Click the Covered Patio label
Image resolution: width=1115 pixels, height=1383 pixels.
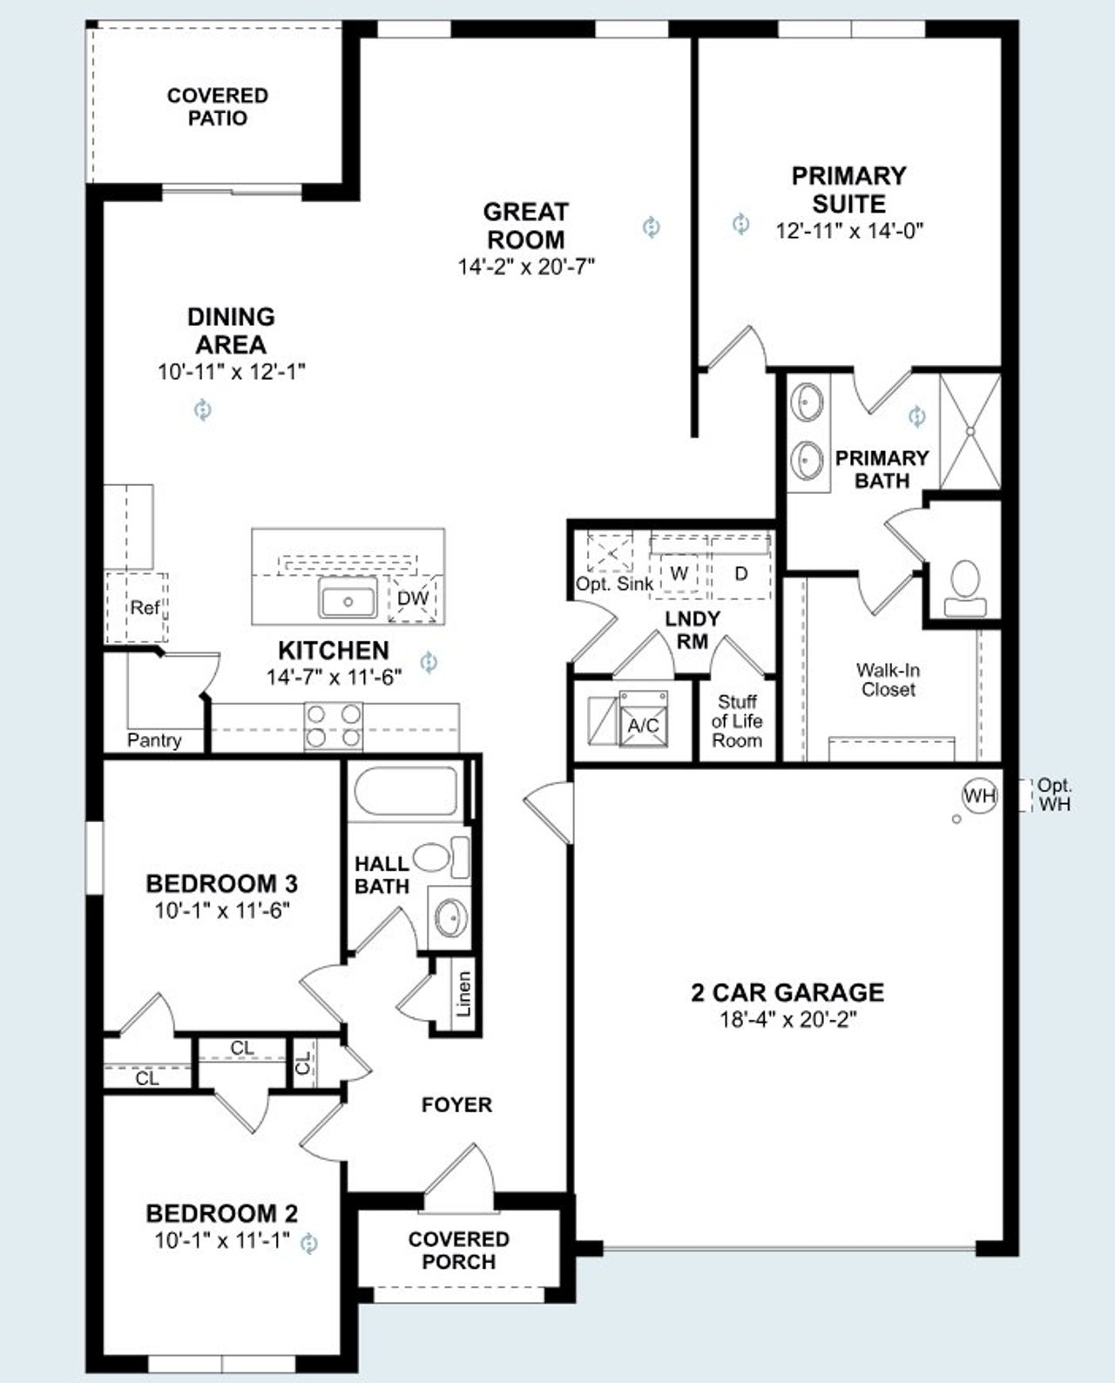217,106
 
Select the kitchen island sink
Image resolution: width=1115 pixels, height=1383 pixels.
347,601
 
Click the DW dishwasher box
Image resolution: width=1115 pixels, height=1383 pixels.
412,598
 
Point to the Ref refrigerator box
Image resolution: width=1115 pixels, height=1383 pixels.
144,607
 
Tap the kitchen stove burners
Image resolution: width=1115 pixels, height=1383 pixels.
334,726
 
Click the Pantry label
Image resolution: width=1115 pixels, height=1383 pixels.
154,740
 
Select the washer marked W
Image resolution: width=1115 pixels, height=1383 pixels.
679,574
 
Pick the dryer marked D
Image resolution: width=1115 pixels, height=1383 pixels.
741,574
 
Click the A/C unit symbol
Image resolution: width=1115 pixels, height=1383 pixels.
644,725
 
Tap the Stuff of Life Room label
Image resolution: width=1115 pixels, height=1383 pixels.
737,721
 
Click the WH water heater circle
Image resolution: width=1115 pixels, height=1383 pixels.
979,795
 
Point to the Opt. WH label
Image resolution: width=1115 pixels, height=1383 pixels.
1055,795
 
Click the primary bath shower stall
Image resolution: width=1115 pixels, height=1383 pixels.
970,432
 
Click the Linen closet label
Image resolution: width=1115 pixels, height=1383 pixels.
464,994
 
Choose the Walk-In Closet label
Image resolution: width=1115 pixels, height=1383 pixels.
888,679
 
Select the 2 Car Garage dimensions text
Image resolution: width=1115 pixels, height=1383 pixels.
787,1019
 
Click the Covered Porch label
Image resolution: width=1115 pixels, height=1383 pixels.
458,1250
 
